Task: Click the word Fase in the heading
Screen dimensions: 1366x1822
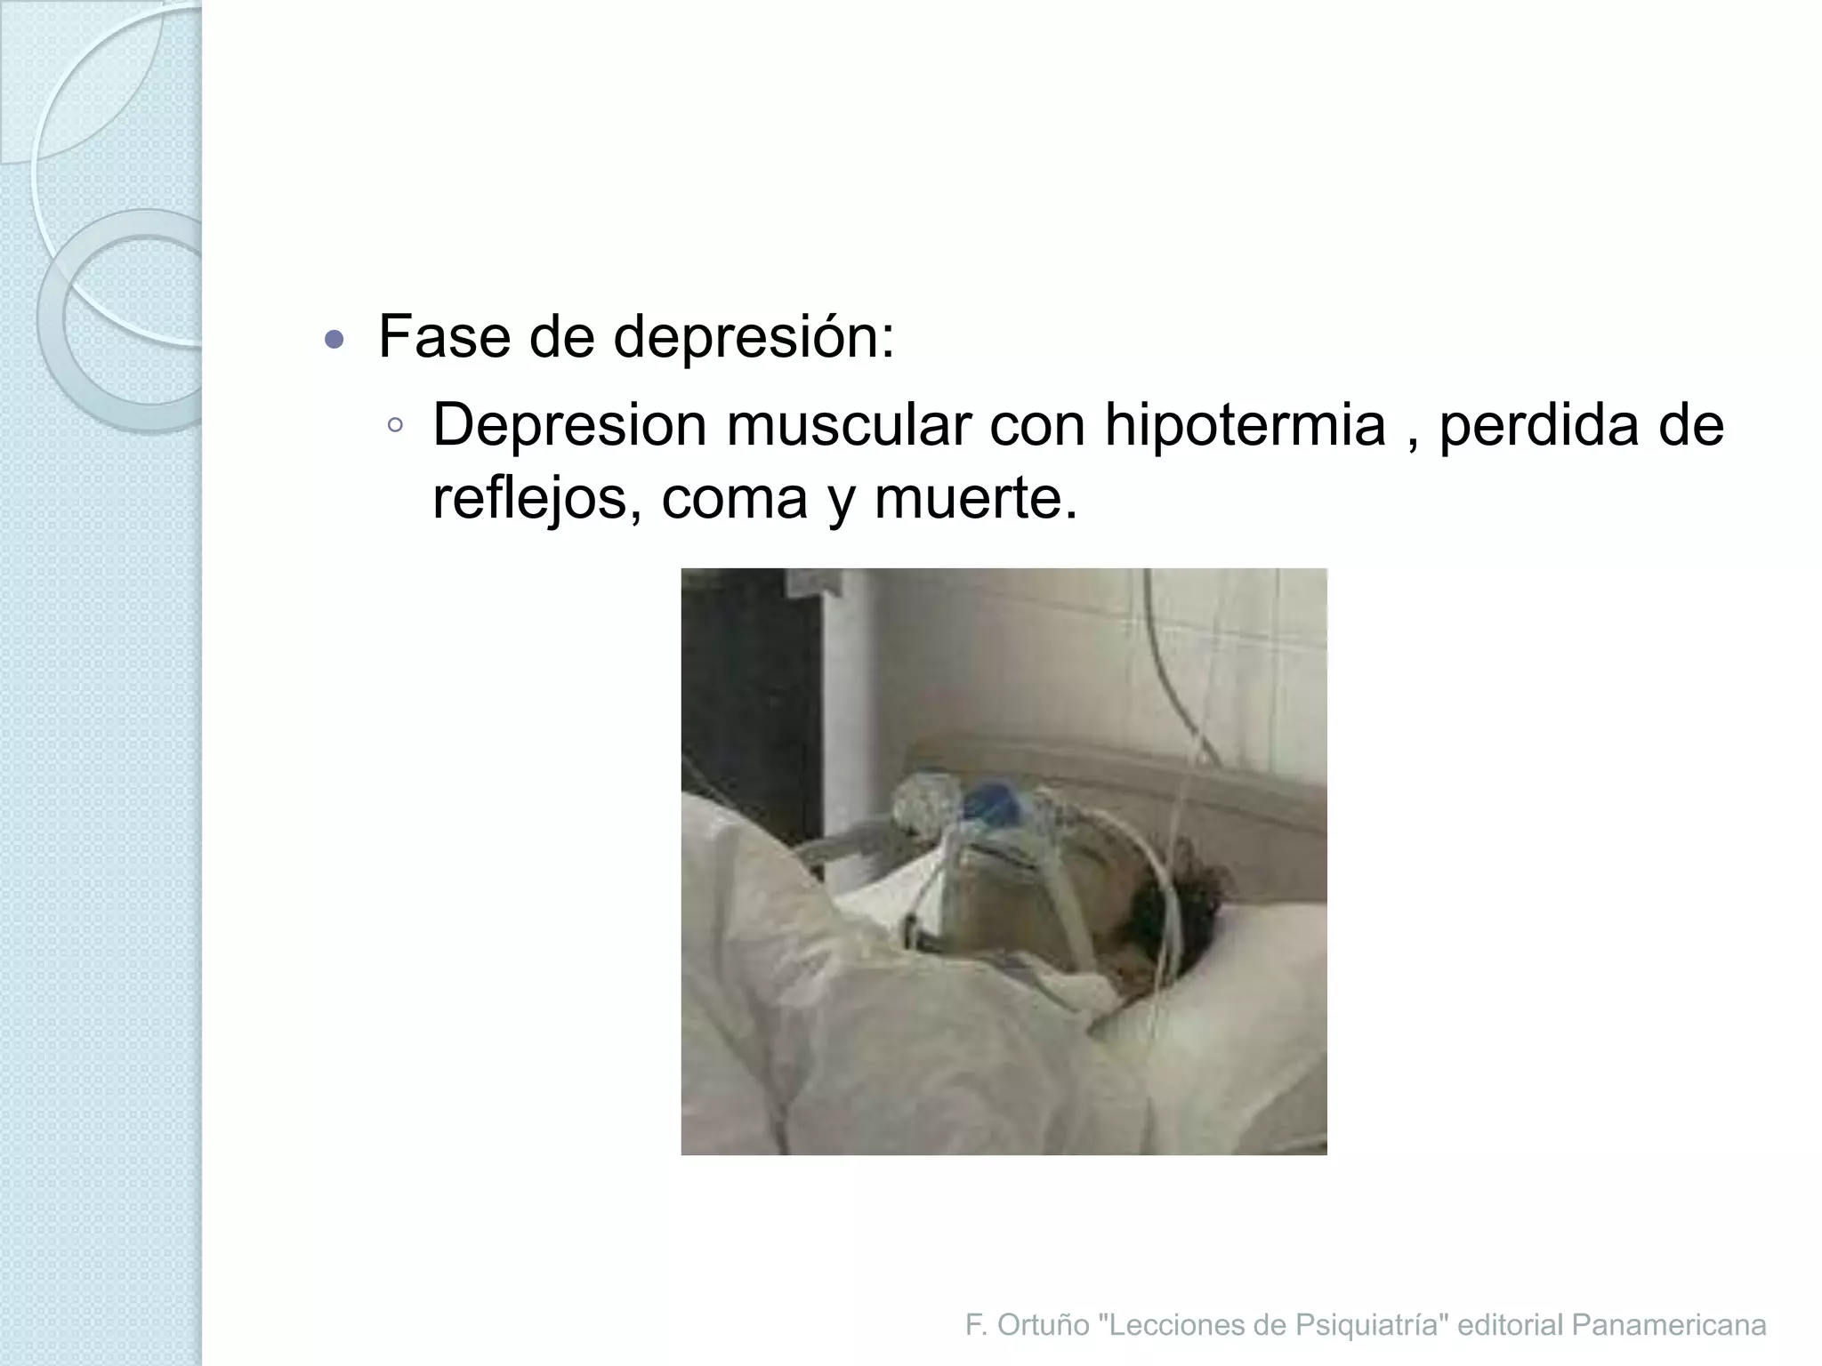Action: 444,337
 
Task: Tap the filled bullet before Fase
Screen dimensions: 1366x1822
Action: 335,339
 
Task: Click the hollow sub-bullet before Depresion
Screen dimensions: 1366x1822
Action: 395,425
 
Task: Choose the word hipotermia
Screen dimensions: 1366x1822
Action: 1245,426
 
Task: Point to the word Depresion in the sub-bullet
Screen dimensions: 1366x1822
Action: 569,425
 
